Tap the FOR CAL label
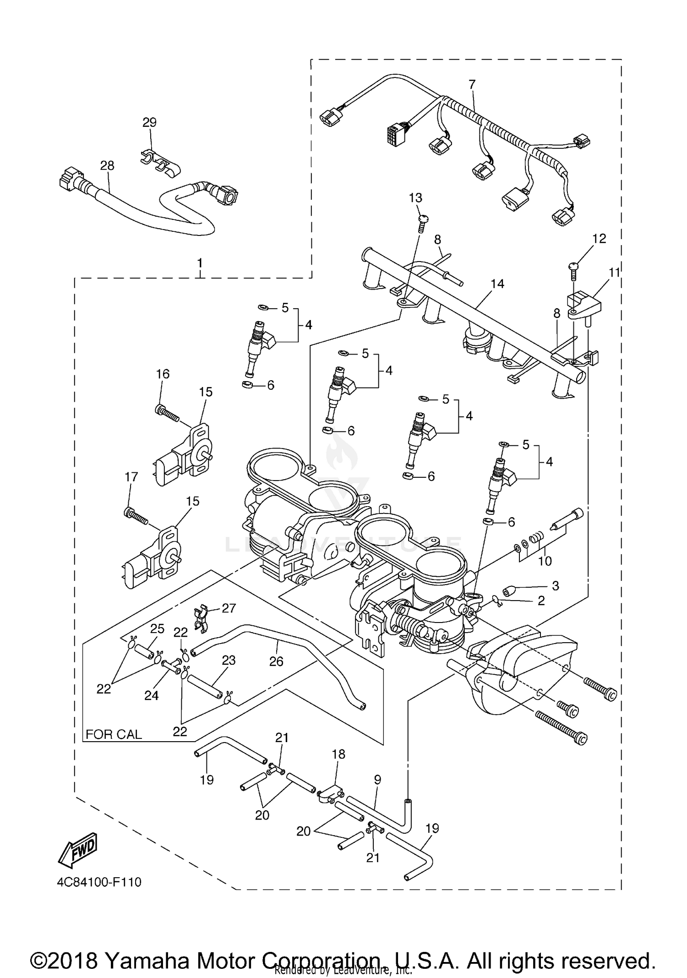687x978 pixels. tap(114, 734)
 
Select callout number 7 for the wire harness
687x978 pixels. tap(472, 84)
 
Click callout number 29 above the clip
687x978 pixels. tap(149, 122)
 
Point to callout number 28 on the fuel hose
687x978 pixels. tap(107, 165)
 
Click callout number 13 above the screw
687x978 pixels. tap(415, 198)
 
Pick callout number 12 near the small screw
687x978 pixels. tap(599, 238)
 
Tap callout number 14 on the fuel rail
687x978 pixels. tap(497, 284)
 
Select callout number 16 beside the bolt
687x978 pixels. tap(163, 374)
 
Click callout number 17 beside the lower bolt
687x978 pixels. tap(131, 477)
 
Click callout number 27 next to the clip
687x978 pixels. tap(229, 608)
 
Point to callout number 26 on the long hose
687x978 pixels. tap(276, 661)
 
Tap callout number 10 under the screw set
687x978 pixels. tap(545, 561)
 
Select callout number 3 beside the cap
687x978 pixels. tap(555, 585)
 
